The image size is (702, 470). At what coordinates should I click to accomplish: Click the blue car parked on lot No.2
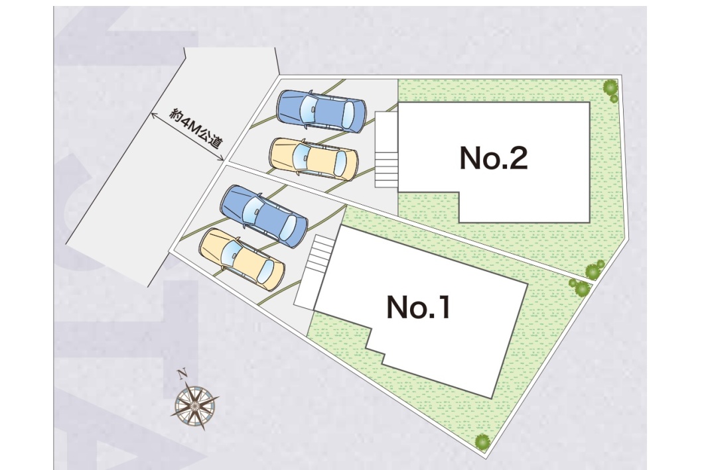point(321,109)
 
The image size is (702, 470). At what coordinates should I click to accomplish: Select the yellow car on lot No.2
point(313,158)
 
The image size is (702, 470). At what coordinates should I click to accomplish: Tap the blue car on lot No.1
point(264,215)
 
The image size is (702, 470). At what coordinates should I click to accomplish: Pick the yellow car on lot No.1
point(242,259)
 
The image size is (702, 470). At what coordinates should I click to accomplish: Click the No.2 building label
point(494,158)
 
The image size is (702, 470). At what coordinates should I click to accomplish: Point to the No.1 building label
point(418,308)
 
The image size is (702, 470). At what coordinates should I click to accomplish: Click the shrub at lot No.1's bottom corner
point(482,441)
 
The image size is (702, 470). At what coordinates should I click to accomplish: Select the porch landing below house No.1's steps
point(306,292)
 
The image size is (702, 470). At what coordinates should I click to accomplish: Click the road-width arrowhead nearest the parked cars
point(220,158)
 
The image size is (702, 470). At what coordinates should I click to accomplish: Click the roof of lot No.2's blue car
point(325,109)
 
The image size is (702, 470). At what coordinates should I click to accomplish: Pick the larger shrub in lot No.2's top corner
point(609,86)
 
